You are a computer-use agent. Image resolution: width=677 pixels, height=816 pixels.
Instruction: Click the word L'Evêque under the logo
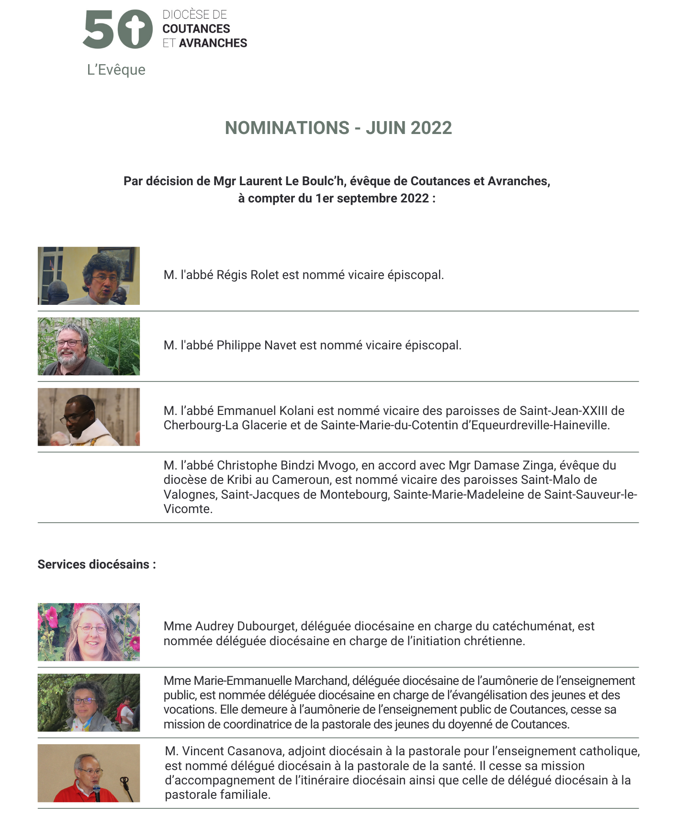[x=116, y=70]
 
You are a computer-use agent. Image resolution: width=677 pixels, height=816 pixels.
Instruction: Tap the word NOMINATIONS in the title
[x=287, y=128]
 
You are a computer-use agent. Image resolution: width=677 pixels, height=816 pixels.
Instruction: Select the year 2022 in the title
[x=431, y=128]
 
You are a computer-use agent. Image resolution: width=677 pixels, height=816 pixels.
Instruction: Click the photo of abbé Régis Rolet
[x=89, y=276]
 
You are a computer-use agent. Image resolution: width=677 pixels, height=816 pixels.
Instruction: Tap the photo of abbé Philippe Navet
[x=89, y=346]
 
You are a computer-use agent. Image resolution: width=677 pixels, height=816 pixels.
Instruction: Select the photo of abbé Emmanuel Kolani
[x=89, y=417]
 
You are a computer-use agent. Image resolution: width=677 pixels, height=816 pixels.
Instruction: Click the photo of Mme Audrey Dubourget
[x=89, y=632]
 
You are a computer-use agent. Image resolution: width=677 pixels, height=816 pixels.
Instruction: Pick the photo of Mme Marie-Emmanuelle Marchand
[x=89, y=703]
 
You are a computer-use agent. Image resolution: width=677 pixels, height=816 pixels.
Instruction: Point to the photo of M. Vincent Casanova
[x=89, y=773]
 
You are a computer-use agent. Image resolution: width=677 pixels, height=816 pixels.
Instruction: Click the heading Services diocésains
[x=97, y=565]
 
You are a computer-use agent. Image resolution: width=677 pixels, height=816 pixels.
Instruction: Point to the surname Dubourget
[x=267, y=626]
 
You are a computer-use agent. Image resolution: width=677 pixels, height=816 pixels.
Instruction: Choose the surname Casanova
[x=255, y=751]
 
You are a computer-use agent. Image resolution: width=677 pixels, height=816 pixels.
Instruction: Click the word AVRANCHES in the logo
[x=213, y=43]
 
